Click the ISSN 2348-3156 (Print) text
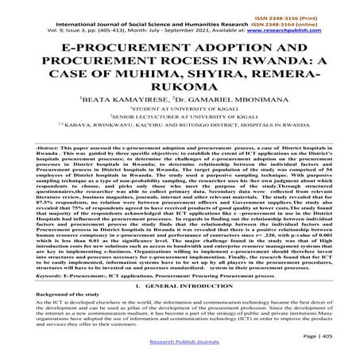pyautogui.click(x=319, y=5)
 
